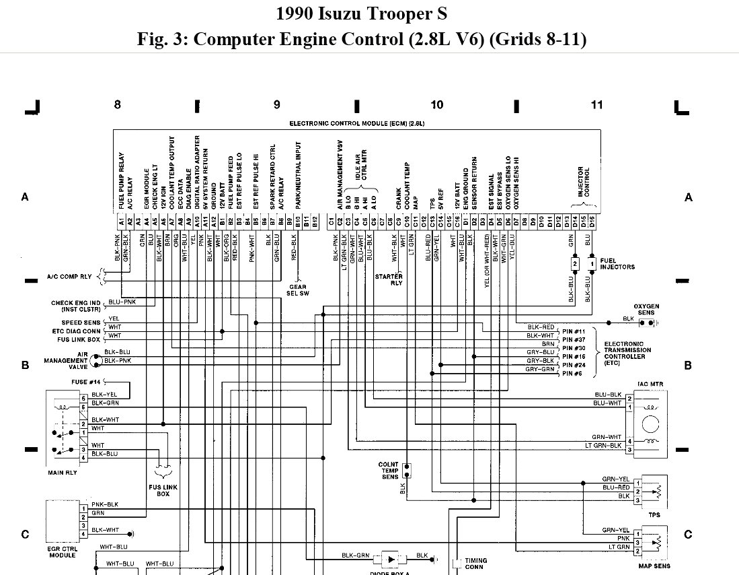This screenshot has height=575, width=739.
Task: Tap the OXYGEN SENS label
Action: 646,310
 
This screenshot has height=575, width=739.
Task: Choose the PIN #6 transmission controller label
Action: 572,373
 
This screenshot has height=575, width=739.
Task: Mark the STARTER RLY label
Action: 389,279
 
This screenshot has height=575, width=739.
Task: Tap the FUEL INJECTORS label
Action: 617,263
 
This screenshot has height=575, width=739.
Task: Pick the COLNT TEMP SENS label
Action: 389,470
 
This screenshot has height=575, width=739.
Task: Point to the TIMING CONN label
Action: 476,564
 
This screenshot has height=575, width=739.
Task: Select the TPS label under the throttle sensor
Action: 654,515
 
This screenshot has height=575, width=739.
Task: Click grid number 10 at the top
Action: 437,104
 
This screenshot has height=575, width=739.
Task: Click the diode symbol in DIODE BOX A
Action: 391,558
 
